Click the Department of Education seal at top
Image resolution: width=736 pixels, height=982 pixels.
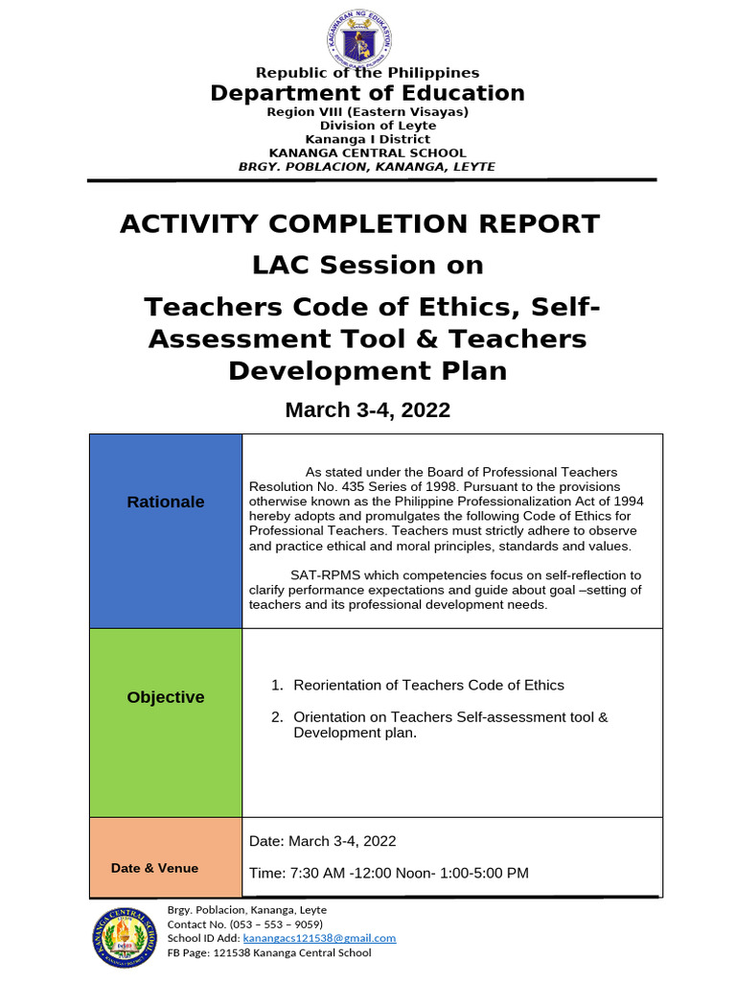[x=359, y=39]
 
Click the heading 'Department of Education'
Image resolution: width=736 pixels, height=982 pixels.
[x=368, y=93]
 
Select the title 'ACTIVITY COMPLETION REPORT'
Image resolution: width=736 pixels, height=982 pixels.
[x=359, y=224]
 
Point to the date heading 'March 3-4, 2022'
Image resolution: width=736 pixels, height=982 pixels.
[x=368, y=410]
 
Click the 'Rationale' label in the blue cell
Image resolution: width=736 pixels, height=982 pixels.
[x=166, y=502]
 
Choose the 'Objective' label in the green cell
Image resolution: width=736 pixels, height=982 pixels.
[x=166, y=697]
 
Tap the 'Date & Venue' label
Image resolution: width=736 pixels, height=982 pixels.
[x=155, y=868]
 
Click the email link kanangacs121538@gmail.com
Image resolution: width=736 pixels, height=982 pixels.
[x=319, y=938]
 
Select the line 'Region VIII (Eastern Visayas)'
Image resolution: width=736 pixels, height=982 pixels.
[x=368, y=112]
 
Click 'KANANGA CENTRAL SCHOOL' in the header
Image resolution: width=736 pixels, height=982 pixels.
[x=368, y=152]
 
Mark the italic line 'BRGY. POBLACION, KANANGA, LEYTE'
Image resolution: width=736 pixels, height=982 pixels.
[x=367, y=166]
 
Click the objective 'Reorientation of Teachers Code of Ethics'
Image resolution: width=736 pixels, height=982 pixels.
[x=428, y=685]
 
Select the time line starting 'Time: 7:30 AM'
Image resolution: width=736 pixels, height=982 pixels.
[x=389, y=873]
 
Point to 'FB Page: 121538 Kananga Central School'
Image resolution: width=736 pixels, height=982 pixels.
[x=269, y=952]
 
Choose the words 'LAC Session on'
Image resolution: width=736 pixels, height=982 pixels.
[x=368, y=265]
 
